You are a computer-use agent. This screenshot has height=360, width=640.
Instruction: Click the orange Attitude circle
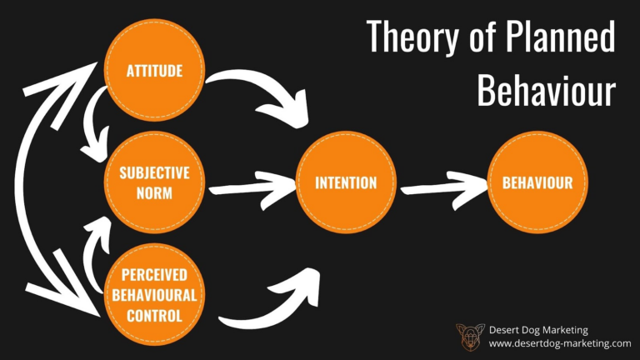point(154,70)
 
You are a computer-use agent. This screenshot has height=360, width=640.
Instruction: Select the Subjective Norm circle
point(154,181)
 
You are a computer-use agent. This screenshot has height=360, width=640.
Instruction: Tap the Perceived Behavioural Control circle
point(154,294)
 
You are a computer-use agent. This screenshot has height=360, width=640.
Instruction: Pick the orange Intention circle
point(345,182)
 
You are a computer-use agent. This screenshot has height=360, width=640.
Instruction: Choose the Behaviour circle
point(537,182)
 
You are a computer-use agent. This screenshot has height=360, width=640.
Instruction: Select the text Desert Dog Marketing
point(538,329)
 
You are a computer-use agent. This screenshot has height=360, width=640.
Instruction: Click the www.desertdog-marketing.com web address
point(559,343)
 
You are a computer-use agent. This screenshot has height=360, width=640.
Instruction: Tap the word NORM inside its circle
point(154,192)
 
